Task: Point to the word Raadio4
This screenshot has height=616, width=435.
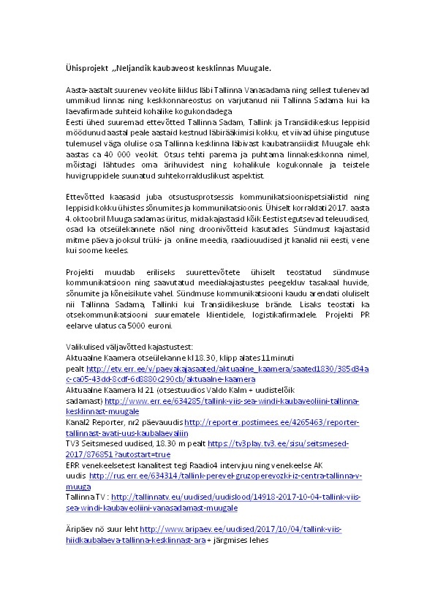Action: [x=222, y=465]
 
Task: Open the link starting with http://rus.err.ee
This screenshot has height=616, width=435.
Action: [x=219, y=475]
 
